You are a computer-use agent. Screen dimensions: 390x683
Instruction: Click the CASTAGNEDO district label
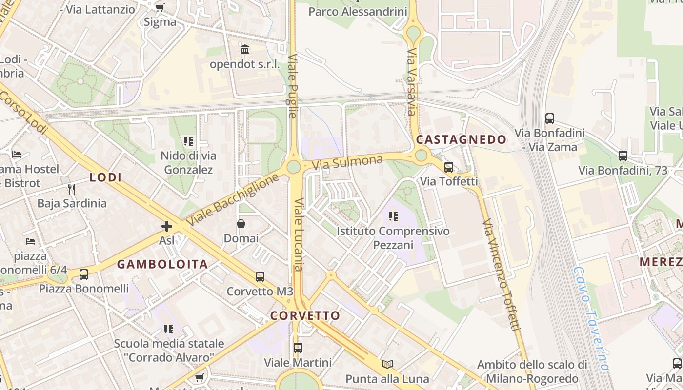(461, 140)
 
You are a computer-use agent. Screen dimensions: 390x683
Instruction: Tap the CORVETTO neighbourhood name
(305, 315)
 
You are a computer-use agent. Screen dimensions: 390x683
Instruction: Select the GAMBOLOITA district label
(162, 264)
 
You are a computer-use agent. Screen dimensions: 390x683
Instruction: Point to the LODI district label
(105, 177)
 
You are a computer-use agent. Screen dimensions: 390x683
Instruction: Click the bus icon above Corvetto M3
(260, 277)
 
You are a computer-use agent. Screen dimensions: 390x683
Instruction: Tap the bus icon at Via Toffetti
(449, 167)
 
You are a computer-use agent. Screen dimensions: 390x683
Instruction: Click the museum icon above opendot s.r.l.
(245, 49)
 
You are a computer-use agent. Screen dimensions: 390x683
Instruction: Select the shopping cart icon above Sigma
(160, 7)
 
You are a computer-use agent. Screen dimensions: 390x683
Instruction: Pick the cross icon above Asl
(167, 226)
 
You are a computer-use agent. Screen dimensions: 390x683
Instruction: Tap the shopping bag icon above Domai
(241, 224)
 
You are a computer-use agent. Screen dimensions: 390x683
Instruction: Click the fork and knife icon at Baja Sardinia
(72, 189)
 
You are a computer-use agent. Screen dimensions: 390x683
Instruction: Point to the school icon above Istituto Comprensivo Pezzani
(393, 216)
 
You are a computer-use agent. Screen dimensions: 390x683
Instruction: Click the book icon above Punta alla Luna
(387, 364)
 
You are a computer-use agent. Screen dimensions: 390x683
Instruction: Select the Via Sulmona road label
(347, 162)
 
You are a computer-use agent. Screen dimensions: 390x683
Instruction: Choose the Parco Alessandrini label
(358, 11)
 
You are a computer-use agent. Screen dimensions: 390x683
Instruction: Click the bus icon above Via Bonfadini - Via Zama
(550, 118)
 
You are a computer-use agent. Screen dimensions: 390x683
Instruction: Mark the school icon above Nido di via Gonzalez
(188, 141)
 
